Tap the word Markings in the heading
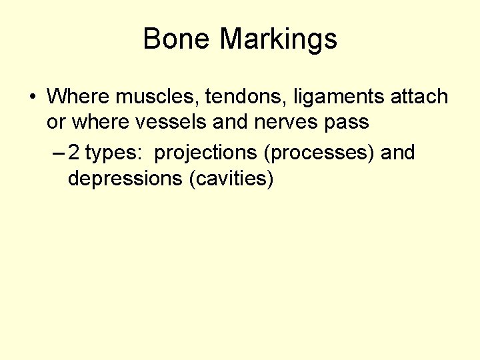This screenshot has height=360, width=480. click(x=279, y=39)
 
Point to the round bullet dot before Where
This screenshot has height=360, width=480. click(x=32, y=97)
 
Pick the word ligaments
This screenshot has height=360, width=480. click(x=327, y=97)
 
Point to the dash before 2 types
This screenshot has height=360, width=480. click(x=57, y=153)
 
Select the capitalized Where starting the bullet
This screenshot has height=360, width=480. click(x=79, y=97)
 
